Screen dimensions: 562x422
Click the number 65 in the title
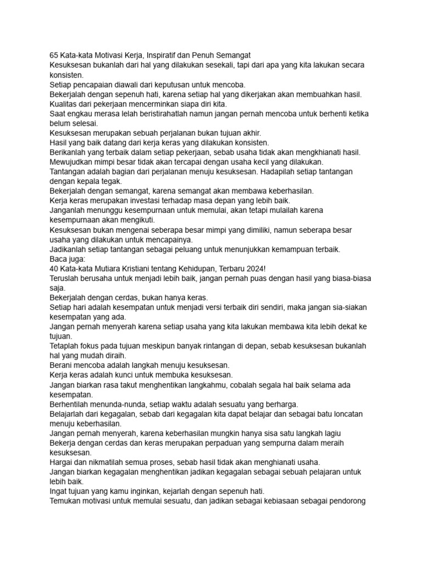(x=54, y=55)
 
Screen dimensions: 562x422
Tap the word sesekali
(x=206, y=65)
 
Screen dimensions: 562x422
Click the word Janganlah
(x=69, y=211)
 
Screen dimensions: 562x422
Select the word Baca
(x=59, y=259)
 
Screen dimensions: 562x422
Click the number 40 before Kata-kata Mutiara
(x=54, y=269)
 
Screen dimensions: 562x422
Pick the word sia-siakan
(x=348, y=307)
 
